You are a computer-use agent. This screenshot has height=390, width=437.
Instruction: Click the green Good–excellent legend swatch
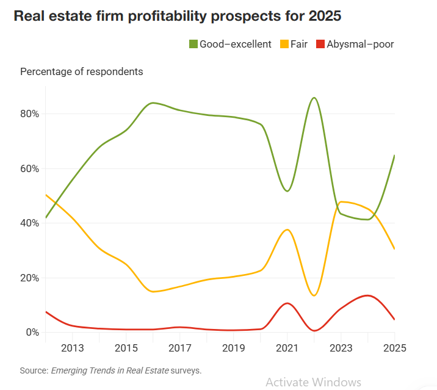pyautogui.click(x=193, y=44)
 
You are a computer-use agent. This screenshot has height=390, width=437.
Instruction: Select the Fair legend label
pyautogui.click(x=299, y=44)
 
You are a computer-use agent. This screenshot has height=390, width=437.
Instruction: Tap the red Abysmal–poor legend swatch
pyautogui.click(x=320, y=44)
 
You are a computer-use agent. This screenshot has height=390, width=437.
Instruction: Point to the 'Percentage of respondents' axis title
pyautogui.click(x=82, y=71)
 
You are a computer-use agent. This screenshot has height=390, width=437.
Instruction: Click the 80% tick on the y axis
pyautogui.click(x=29, y=114)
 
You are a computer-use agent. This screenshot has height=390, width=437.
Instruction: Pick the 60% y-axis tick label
pyautogui.click(x=29, y=168)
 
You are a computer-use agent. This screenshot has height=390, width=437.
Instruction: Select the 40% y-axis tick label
pyautogui.click(x=29, y=223)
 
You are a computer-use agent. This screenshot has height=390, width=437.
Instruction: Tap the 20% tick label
pyautogui.click(x=29, y=278)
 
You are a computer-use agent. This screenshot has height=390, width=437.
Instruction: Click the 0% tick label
pyautogui.click(x=32, y=333)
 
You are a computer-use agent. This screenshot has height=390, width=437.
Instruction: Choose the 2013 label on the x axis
pyautogui.click(x=73, y=348)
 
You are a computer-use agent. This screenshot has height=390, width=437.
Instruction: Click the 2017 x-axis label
pyautogui.click(x=180, y=348)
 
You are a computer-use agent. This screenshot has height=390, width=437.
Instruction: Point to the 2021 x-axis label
pyautogui.click(x=287, y=348)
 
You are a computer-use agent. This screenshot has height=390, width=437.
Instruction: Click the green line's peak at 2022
pyautogui.click(x=314, y=98)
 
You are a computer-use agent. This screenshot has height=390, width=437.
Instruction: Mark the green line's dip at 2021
pyautogui.click(x=287, y=191)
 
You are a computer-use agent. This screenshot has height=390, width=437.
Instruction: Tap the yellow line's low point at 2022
pyautogui.click(x=314, y=295)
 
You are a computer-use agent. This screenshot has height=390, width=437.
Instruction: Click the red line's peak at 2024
pyautogui.click(x=367, y=295)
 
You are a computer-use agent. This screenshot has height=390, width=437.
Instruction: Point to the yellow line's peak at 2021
pyautogui.click(x=287, y=229)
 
